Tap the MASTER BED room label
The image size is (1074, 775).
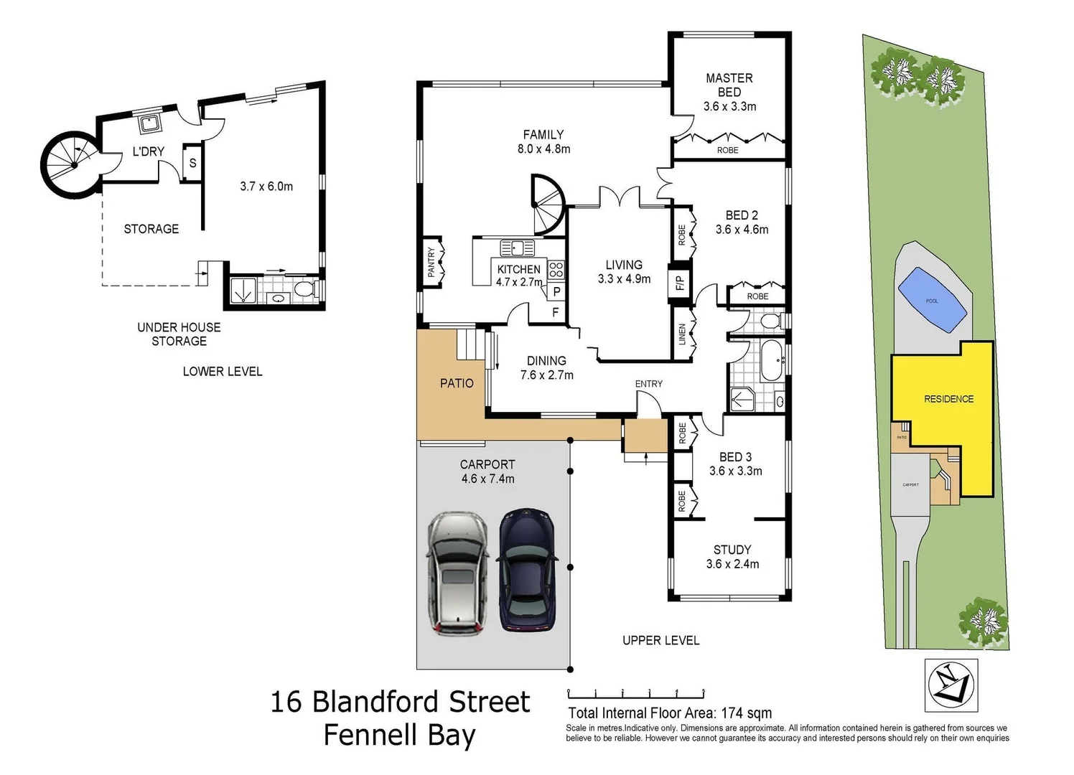(x=729, y=85)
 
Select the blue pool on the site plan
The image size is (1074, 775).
(x=932, y=300)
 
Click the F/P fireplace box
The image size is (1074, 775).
(x=679, y=282)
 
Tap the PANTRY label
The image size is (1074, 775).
(x=431, y=263)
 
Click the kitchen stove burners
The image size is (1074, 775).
(x=556, y=270)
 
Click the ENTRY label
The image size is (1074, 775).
(x=648, y=384)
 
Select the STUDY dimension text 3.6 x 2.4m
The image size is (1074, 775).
(x=732, y=564)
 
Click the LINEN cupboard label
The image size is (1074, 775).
(x=682, y=334)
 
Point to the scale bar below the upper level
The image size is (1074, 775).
(x=636, y=693)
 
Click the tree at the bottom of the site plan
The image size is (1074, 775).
(x=983, y=618)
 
